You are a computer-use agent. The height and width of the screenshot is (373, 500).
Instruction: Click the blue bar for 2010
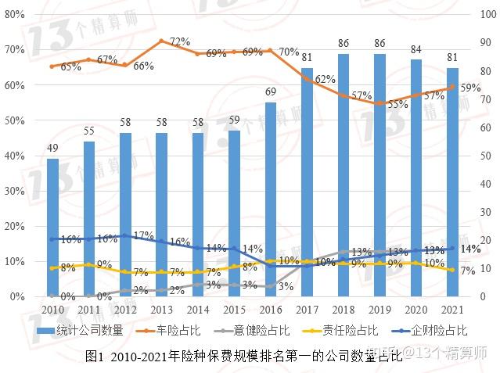pos(52,227)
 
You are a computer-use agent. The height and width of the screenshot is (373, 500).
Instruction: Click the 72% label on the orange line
pos(180,41)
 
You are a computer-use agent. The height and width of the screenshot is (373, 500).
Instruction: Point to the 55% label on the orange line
pos(397,104)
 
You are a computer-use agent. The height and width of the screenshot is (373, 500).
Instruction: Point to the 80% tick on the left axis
pos(13,15)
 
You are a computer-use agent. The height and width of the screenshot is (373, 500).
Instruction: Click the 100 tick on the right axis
pos(484,15)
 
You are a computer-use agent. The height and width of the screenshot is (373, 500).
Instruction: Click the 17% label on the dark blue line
pos(143,235)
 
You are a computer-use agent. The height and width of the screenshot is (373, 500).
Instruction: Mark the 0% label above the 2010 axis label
pos(68,297)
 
